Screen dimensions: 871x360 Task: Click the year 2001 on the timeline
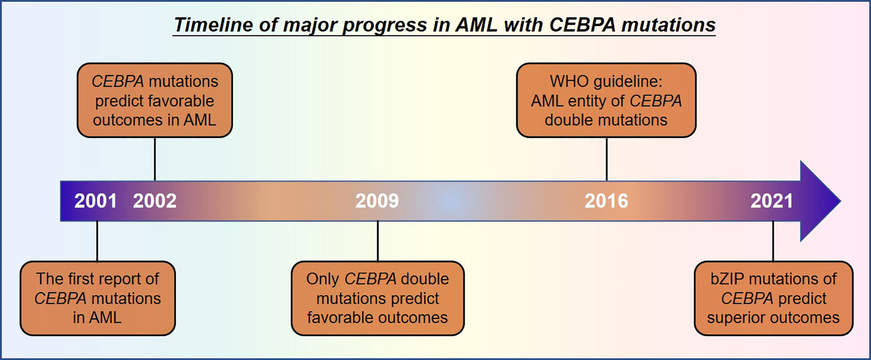click(x=95, y=201)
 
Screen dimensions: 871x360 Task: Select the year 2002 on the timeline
click(x=154, y=201)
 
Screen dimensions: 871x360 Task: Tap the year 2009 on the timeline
click(x=377, y=201)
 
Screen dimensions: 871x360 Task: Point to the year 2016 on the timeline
click(x=606, y=201)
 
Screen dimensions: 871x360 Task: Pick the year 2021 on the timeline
click(x=772, y=201)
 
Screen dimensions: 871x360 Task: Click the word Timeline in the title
click(x=213, y=25)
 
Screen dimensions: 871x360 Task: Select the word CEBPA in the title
click(x=582, y=25)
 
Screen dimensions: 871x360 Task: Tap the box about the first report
click(x=97, y=298)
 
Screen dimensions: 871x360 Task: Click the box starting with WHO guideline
click(x=606, y=100)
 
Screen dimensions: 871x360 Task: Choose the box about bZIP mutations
click(x=773, y=298)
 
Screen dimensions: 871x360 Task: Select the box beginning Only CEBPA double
click(x=377, y=298)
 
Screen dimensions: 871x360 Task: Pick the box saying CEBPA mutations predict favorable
click(x=155, y=100)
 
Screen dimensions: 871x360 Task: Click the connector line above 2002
click(x=155, y=159)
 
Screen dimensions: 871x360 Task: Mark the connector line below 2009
click(x=377, y=241)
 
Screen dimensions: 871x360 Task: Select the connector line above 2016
click(x=607, y=159)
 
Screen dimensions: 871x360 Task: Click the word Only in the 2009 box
click(x=322, y=279)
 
